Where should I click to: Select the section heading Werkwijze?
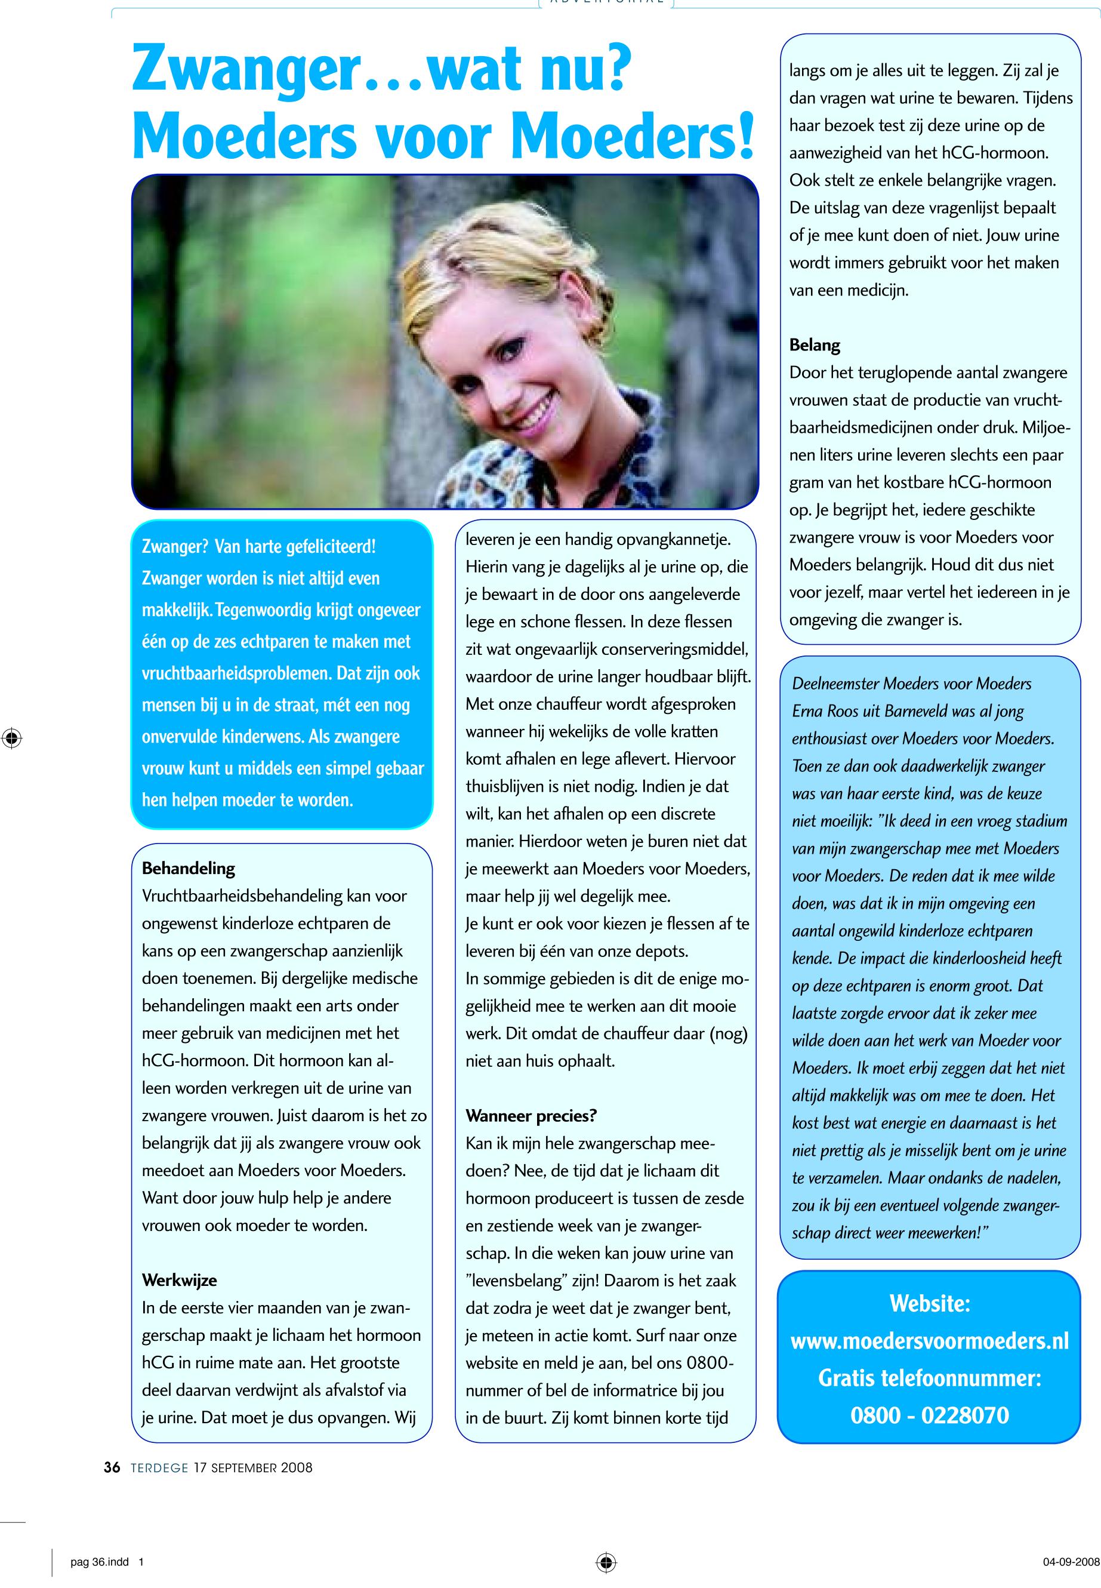(x=180, y=1280)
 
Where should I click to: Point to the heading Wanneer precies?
(x=531, y=1116)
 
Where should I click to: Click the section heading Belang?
(x=815, y=345)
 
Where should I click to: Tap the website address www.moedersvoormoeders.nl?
(x=929, y=1341)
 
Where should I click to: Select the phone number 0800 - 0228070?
(x=929, y=1415)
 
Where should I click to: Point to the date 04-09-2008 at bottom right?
(x=1071, y=1562)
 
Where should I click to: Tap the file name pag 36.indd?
(x=99, y=1562)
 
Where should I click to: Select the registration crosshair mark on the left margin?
(x=12, y=739)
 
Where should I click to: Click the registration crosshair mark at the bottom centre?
(x=606, y=1562)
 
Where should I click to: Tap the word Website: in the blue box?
(x=929, y=1304)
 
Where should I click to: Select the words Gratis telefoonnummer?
(x=929, y=1378)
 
